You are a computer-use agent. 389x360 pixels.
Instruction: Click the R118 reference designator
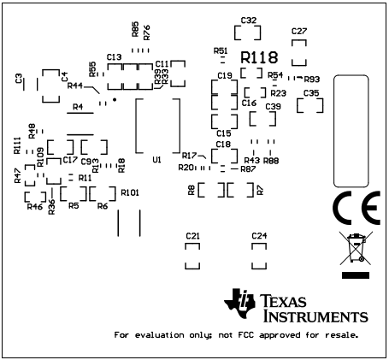click(259, 57)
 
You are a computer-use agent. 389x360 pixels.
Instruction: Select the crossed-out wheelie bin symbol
click(353, 249)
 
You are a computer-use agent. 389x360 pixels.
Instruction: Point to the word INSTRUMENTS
click(315, 316)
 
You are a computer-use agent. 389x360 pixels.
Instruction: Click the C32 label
click(249, 20)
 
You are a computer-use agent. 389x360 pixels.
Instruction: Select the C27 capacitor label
click(298, 31)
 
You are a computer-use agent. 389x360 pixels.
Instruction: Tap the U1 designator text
click(156, 160)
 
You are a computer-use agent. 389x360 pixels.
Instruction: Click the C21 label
click(192, 235)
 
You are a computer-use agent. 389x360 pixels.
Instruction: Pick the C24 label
click(259, 235)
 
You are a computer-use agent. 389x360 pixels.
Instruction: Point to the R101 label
click(130, 192)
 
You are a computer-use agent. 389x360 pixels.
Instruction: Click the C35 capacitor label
click(311, 92)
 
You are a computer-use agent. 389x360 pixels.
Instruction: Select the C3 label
click(19, 79)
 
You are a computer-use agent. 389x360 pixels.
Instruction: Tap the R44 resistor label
click(75, 86)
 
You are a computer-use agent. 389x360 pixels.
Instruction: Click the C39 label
click(273, 106)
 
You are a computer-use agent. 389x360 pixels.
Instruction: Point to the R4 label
click(78, 108)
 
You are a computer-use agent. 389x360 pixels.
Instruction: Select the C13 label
click(113, 56)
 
